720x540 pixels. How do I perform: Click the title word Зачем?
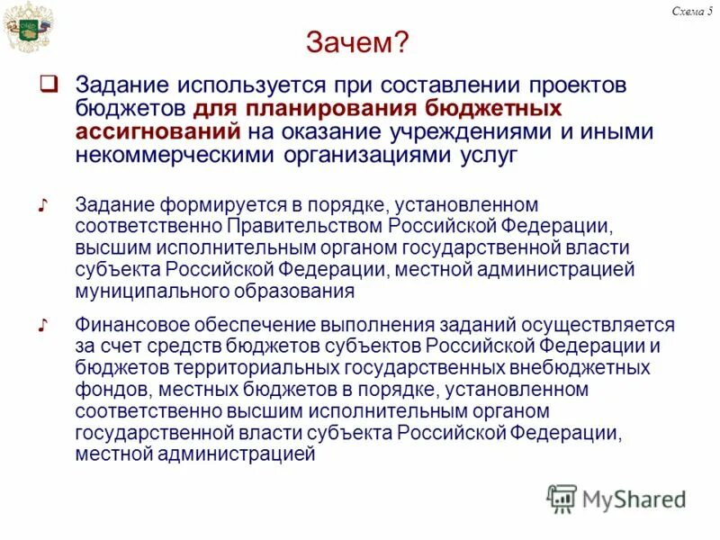click(x=358, y=42)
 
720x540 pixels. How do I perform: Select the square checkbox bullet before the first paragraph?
click(x=49, y=85)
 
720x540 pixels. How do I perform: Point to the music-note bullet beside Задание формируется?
click(x=42, y=206)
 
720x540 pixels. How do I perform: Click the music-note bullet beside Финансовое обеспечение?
click(x=42, y=325)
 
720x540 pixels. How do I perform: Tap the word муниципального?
click(x=150, y=292)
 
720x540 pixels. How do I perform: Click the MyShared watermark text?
click(x=634, y=499)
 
